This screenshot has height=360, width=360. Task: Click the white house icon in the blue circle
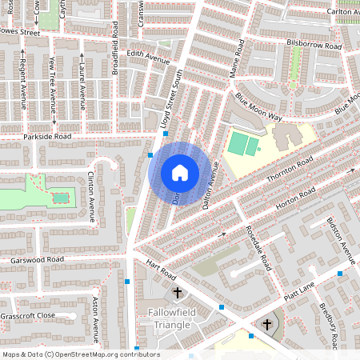pos(180,173)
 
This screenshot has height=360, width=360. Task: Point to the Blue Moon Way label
pos(258,106)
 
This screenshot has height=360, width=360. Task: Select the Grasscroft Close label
pos(28,315)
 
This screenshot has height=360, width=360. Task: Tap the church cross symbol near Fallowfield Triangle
pos(178,294)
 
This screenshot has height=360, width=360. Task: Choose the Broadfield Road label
pos(115,53)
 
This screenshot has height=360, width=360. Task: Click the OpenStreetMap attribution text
pos(81,354)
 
